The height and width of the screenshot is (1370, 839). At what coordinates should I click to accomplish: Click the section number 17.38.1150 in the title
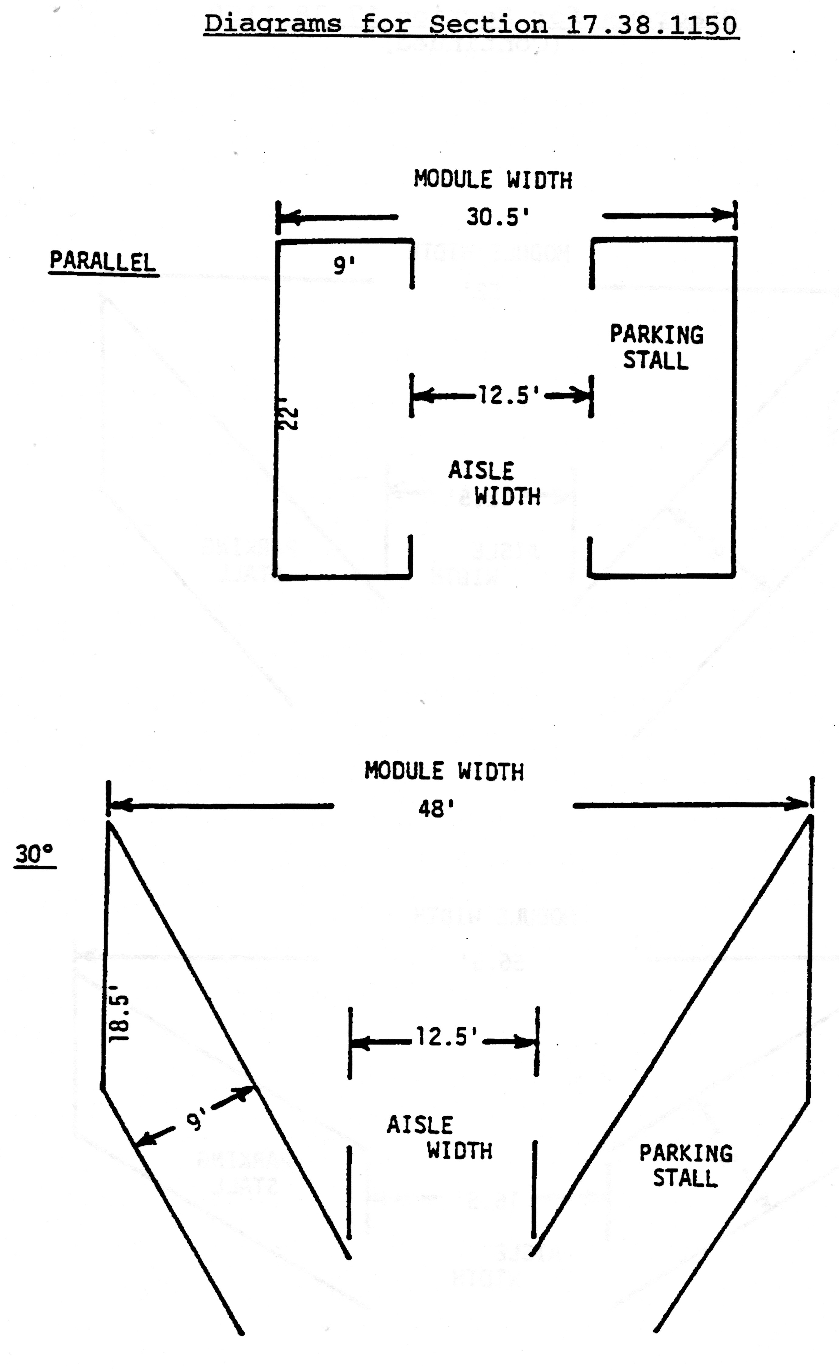click(x=651, y=25)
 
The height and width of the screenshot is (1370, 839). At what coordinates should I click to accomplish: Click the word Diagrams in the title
click(x=272, y=24)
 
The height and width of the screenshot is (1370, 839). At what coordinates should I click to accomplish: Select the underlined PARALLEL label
click(x=103, y=261)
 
